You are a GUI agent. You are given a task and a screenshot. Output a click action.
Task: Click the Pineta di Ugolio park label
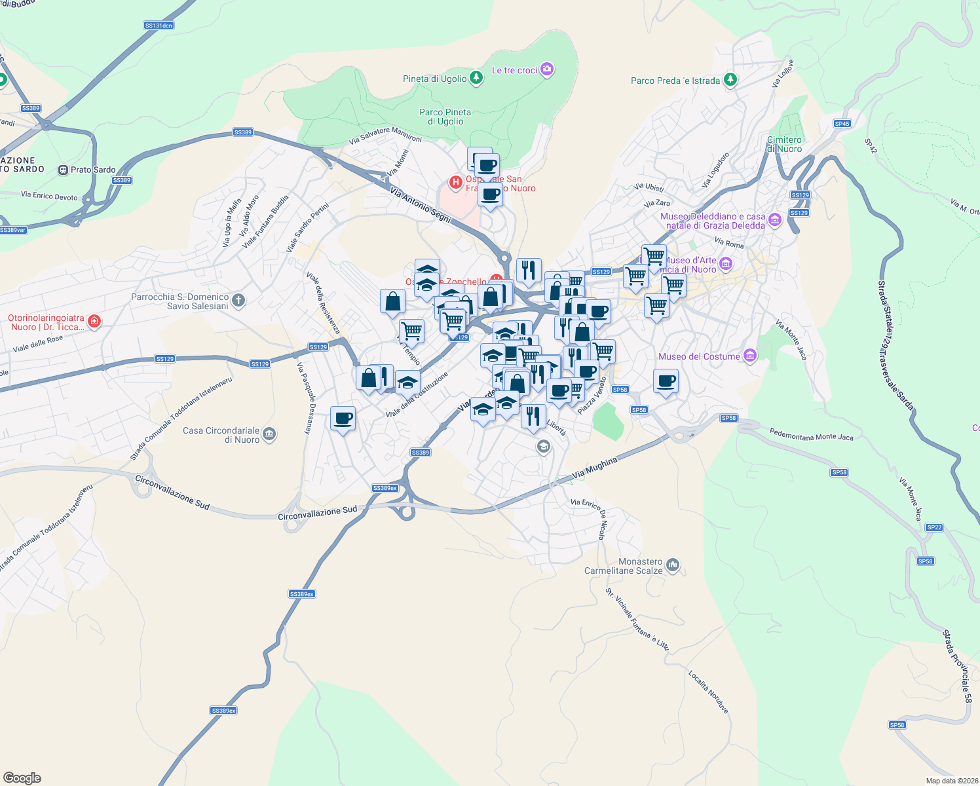(x=435, y=79)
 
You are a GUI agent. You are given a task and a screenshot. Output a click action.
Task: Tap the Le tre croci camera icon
(x=548, y=69)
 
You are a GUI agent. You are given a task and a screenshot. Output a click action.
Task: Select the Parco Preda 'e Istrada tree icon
(x=730, y=81)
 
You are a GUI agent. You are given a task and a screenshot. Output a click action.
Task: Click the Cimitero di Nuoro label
(x=784, y=144)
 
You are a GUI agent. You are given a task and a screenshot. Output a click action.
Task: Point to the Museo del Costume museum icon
(x=750, y=356)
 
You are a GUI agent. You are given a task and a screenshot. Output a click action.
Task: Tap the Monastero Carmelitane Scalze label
(x=623, y=566)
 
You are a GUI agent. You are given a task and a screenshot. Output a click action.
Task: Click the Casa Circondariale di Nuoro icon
(x=269, y=434)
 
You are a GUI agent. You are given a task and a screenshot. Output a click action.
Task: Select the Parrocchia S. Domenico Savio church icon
(x=238, y=301)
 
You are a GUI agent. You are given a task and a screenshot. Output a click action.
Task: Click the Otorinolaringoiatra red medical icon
(x=94, y=321)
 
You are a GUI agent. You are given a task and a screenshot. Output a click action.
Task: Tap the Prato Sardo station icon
(x=63, y=170)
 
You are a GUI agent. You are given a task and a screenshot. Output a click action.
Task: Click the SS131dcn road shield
(x=159, y=26)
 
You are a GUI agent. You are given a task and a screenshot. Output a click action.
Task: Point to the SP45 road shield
(x=842, y=124)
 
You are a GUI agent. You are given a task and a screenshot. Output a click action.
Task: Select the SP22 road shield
(x=934, y=527)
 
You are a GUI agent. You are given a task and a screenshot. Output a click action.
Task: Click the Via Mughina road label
(x=594, y=468)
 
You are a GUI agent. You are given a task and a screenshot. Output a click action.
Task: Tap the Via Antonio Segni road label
(x=421, y=205)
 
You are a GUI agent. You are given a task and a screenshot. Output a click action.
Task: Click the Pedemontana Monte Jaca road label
(x=811, y=434)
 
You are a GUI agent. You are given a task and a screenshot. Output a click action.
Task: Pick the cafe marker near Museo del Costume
(x=666, y=381)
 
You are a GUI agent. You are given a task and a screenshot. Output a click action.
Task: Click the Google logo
(x=22, y=778)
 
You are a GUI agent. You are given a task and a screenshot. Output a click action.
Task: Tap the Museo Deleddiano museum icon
(x=775, y=220)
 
